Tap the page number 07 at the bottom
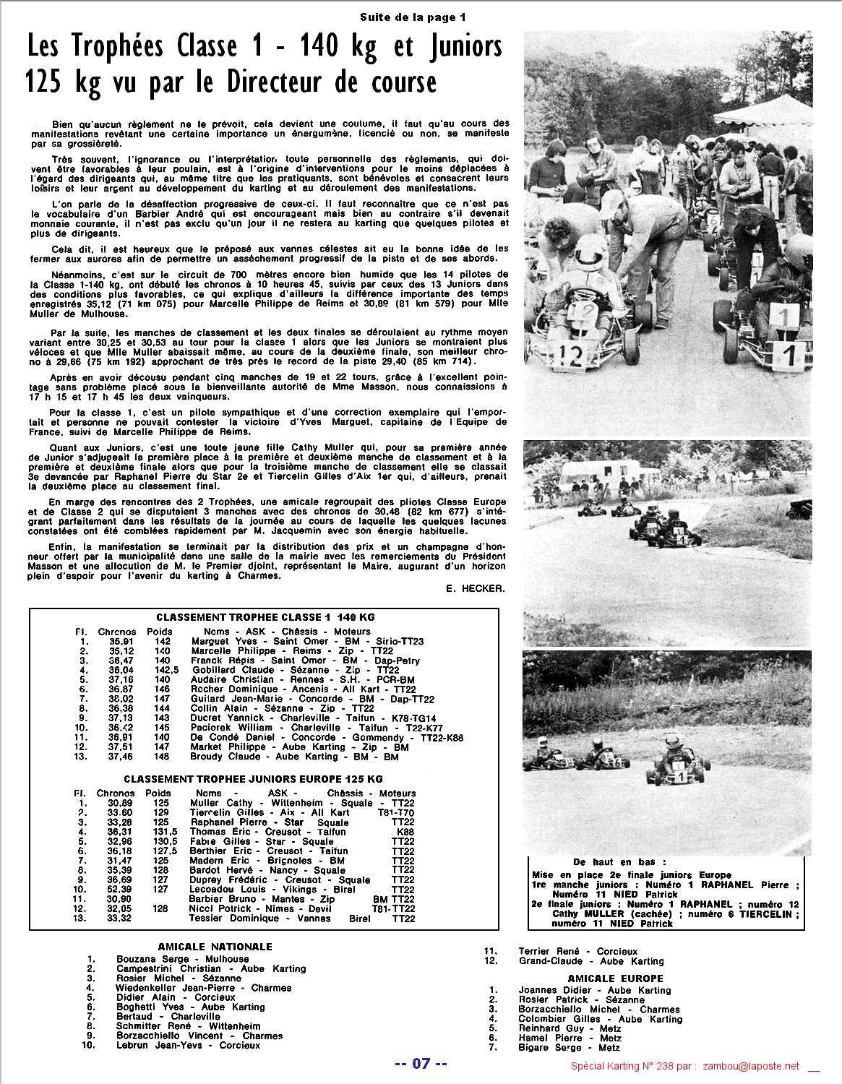pos(421,1064)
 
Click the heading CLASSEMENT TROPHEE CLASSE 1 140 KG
pos(265,617)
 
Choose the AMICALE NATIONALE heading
pos(215,947)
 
